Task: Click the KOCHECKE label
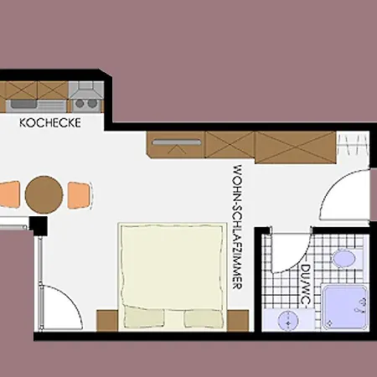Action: (x=50, y=123)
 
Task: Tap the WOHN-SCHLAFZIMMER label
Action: (x=237, y=227)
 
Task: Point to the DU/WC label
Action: (x=306, y=285)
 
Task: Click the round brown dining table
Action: (x=44, y=195)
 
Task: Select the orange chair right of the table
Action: (x=80, y=195)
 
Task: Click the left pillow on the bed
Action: (x=144, y=318)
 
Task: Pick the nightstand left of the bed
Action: (x=107, y=321)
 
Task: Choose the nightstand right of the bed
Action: (x=238, y=321)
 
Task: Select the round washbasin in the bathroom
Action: (x=288, y=321)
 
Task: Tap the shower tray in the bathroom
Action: (x=344, y=307)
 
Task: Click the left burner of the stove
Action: (x=80, y=103)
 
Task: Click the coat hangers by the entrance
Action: (x=353, y=144)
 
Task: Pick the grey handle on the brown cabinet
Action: (x=177, y=142)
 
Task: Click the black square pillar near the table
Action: (x=38, y=225)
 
